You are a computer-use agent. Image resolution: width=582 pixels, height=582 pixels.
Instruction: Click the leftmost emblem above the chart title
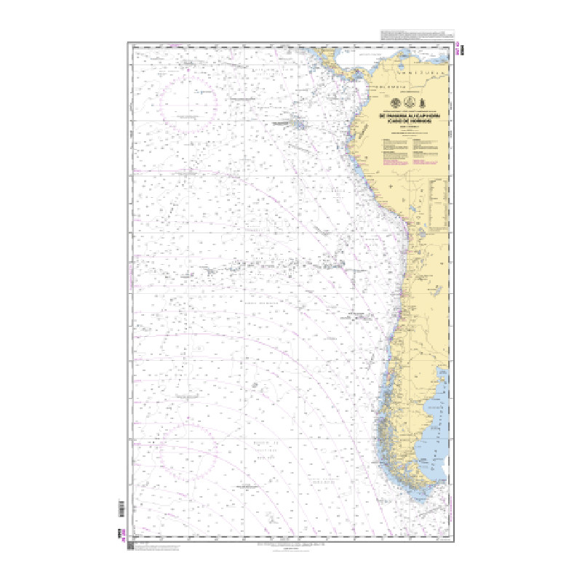[395, 102]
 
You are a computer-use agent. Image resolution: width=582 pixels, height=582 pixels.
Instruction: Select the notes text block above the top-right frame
[416, 36]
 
